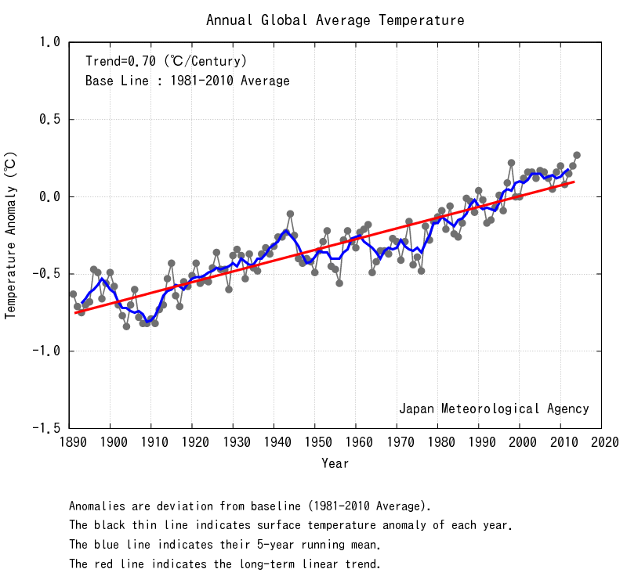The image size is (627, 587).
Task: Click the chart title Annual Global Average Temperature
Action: click(x=335, y=20)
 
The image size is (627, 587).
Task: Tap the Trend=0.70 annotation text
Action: click(x=166, y=61)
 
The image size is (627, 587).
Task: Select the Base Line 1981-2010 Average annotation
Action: click(x=187, y=81)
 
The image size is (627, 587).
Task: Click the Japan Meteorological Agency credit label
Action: click(x=494, y=409)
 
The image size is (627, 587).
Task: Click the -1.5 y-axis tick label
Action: click(x=44, y=429)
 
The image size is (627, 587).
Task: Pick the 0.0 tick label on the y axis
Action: click(x=49, y=197)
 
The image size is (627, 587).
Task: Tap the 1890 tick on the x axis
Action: click(x=70, y=444)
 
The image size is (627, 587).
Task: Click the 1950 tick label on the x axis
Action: click(x=315, y=444)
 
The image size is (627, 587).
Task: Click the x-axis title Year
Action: click(x=335, y=464)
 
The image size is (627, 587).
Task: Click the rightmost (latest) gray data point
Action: click(x=577, y=155)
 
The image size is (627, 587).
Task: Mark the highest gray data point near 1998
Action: click(x=511, y=163)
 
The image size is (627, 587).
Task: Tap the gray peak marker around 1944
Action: click(x=290, y=214)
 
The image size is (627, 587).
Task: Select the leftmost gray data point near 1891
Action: click(x=73, y=294)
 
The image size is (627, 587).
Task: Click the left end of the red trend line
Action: click(x=75, y=312)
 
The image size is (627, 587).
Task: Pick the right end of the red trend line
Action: click(x=574, y=182)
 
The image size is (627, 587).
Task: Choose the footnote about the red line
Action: click(x=225, y=564)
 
